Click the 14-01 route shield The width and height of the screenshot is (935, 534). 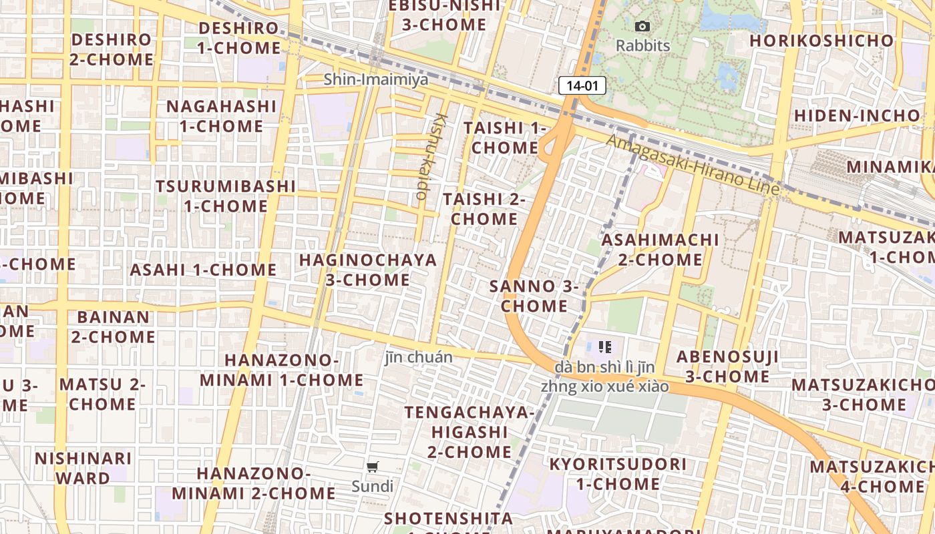pyautogui.click(x=582, y=85)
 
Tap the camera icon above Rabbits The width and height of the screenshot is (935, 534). pyautogui.click(x=642, y=27)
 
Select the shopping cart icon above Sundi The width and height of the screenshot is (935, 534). pyautogui.click(x=373, y=467)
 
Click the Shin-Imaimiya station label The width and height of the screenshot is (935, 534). pyautogui.click(x=376, y=79)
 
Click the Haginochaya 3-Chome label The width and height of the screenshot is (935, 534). pyautogui.click(x=368, y=270)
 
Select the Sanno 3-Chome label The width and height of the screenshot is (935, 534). pyautogui.click(x=534, y=296)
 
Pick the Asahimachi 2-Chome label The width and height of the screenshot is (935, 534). pyautogui.click(x=661, y=249)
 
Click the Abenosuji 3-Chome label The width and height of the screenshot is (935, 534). pyautogui.click(x=727, y=366)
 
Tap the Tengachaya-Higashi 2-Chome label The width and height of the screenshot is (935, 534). pyautogui.click(x=470, y=431)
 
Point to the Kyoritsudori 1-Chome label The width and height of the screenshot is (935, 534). pyautogui.click(x=618, y=473)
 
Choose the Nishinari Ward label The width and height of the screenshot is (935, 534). pyautogui.click(x=83, y=468)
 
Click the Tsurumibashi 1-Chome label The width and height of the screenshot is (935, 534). pyautogui.click(x=226, y=196)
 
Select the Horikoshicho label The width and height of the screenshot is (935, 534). pyautogui.click(x=821, y=41)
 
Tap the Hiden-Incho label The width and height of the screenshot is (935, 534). pyautogui.click(x=857, y=115)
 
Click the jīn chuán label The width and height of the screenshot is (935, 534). pyautogui.click(x=419, y=357)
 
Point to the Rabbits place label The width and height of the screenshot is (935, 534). pyautogui.click(x=642, y=45)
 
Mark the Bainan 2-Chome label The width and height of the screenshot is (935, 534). pyautogui.click(x=114, y=326)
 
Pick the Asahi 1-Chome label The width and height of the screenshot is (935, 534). pyautogui.click(x=203, y=270)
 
